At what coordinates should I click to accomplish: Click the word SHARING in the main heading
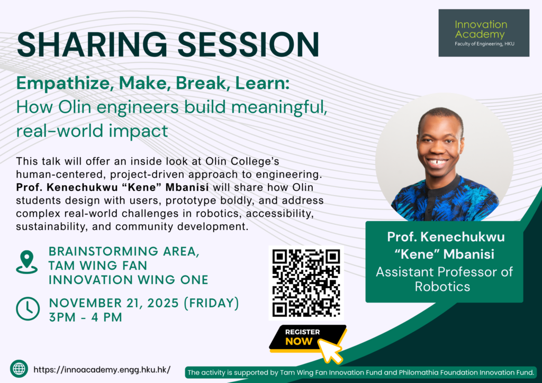92,45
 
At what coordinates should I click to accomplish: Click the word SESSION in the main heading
248,45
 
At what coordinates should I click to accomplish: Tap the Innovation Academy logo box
484,33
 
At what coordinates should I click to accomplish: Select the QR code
306,283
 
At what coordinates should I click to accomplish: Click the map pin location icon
26,262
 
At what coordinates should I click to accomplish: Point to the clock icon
28,308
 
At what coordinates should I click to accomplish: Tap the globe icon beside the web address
19,369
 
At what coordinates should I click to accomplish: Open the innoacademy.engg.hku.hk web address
102,370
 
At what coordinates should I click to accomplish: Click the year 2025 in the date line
163,303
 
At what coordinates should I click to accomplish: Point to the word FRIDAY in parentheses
211,303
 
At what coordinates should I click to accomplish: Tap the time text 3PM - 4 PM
85,317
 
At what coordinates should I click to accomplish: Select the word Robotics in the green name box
442,287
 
